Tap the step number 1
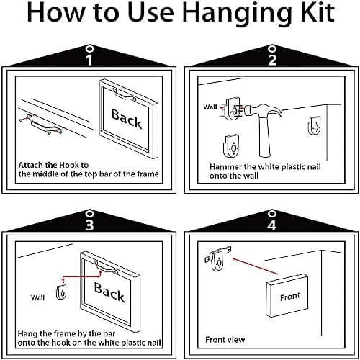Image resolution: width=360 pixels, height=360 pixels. tap(89, 60)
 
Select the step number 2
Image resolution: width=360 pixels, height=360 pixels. tap(272, 60)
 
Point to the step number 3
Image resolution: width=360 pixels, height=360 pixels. tap(89, 225)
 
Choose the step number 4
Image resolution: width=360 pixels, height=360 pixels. tap(272, 225)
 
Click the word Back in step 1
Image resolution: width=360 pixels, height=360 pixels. tap(127, 119)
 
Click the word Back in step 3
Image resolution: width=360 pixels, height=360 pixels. tap(109, 292)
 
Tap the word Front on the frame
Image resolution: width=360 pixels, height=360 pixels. tap(290, 297)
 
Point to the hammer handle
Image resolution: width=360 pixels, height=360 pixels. tap(264, 138)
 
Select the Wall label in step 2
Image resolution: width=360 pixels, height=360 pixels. tap(210, 107)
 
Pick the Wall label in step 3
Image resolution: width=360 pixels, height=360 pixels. tap(37, 297)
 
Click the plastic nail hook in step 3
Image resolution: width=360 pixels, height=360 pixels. tap(61, 292)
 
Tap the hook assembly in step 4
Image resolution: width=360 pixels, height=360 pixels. tap(218, 258)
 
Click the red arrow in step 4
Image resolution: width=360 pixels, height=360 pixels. tap(256, 266)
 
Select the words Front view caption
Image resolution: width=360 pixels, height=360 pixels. tap(225, 340)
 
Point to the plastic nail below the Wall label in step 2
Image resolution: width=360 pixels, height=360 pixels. tap(232, 146)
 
